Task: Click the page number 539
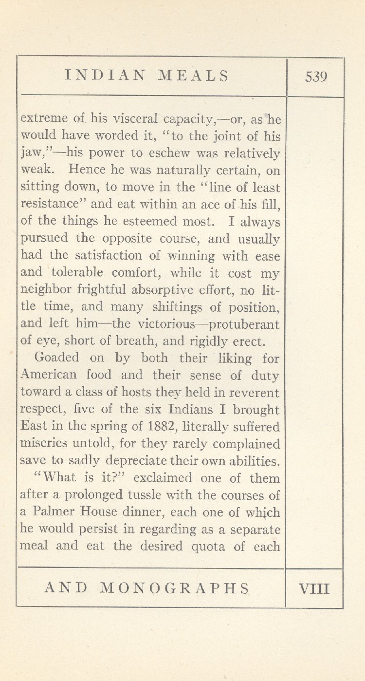316,77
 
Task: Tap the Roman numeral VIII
314,588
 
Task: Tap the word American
49,376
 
